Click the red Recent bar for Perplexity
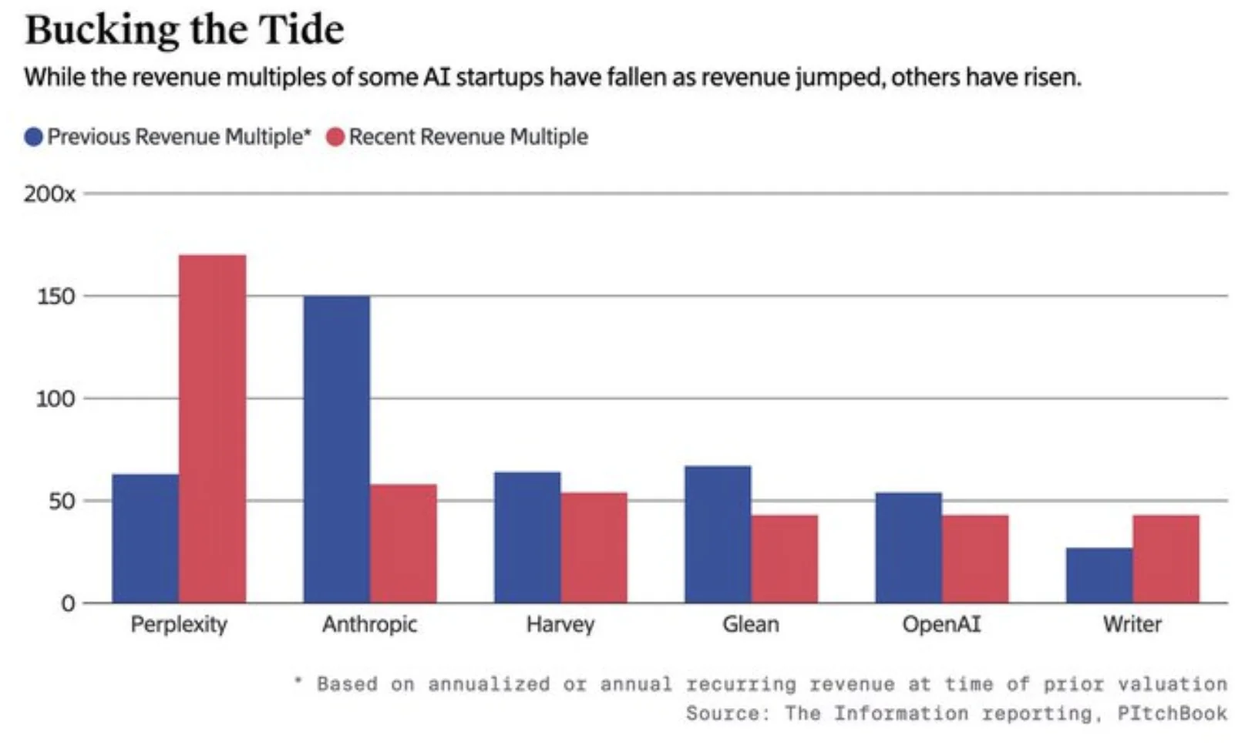(213, 428)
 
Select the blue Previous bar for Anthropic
(336, 448)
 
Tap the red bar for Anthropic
(403, 543)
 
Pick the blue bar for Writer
(1099, 575)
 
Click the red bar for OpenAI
(975, 559)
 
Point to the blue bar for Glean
(718, 534)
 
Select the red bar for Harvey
(594, 547)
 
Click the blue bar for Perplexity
(146, 538)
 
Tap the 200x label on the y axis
(49, 194)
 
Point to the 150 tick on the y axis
(56, 297)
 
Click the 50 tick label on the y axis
(62, 502)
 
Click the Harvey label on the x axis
(560, 624)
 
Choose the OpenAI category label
(941, 624)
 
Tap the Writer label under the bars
(1132, 624)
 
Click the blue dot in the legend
(33, 137)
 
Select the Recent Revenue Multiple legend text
(468, 137)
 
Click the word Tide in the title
(301, 31)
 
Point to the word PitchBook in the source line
(1172, 714)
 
